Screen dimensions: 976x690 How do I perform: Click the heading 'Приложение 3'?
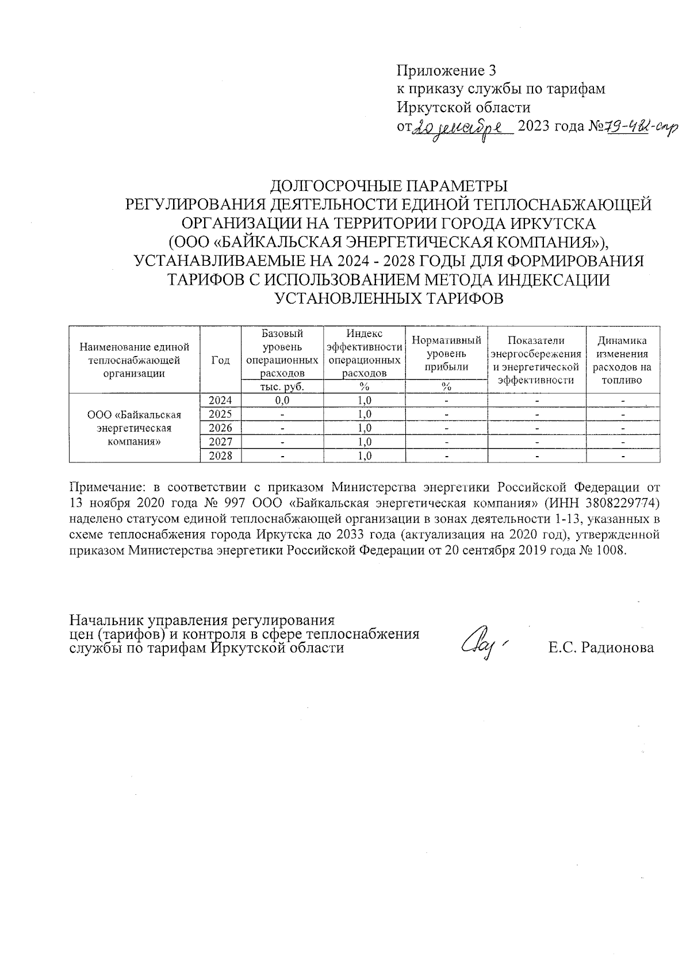pos(446,71)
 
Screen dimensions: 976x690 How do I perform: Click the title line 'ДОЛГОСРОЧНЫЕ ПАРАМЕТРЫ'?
pos(389,186)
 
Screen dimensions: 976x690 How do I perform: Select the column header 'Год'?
pos(220,360)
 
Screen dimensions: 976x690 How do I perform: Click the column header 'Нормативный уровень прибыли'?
pos(446,353)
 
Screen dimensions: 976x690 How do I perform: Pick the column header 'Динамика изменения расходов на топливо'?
pos(622,360)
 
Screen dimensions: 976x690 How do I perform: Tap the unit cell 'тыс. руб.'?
pos(282,387)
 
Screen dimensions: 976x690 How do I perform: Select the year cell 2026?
pos(220,428)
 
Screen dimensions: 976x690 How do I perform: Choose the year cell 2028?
pos(220,456)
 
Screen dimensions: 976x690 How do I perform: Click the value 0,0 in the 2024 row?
pos(282,401)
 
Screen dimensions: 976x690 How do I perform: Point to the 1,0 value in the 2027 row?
pos(365,442)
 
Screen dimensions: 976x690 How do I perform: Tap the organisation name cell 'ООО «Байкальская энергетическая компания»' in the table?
pos(135,428)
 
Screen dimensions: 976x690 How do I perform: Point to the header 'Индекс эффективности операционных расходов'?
pos(365,353)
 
